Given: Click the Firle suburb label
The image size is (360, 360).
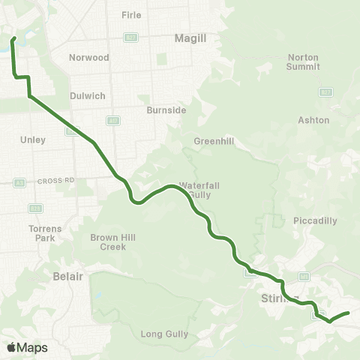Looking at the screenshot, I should (x=131, y=14).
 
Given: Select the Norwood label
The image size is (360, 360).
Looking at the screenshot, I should (x=89, y=57).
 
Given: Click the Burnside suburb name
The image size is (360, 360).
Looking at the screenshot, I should (x=166, y=109).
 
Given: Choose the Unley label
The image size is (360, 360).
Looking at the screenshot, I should (x=34, y=139).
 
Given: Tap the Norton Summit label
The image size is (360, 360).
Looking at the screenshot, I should (x=303, y=61).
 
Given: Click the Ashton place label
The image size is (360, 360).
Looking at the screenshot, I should (x=313, y=120).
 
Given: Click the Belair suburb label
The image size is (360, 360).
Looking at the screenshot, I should (x=67, y=276).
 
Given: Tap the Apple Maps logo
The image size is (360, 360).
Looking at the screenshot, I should (x=27, y=347).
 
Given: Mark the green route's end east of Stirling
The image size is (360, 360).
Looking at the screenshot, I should (x=349, y=313).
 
